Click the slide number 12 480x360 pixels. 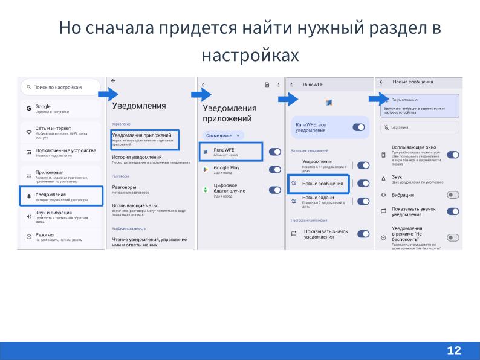(x=454, y=350)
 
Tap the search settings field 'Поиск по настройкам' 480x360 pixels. (x=60, y=88)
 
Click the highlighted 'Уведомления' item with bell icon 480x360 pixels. (x=60, y=196)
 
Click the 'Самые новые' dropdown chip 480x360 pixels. (x=223, y=135)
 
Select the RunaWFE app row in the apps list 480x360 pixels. (x=230, y=152)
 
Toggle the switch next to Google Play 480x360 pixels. (x=274, y=170)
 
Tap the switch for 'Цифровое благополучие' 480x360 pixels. (x=274, y=190)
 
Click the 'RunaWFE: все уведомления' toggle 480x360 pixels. (x=358, y=127)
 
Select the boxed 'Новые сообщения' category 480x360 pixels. (x=319, y=184)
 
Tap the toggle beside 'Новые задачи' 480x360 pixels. (x=363, y=201)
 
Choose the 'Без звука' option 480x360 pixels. (x=420, y=127)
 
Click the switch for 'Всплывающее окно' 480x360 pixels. (x=453, y=154)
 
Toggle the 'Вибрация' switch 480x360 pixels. (x=453, y=194)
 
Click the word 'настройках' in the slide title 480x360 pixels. (x=250, y=56)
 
